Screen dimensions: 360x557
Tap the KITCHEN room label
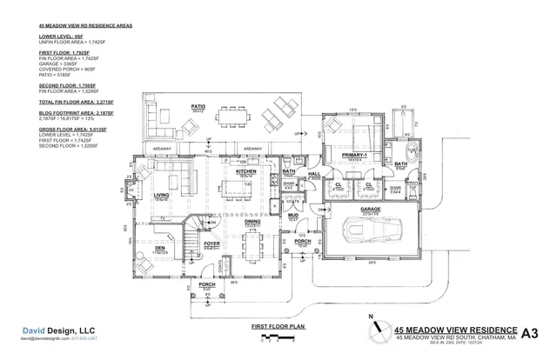point(245,172)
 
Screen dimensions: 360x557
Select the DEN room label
point(160,248)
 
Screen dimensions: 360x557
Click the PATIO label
point(198,107)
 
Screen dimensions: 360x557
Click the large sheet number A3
point(530,332)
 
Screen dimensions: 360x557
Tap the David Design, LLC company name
point(57,330)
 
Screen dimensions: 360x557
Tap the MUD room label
point(293,214)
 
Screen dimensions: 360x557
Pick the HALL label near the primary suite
point(315,174)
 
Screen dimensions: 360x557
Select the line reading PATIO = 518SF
point(57,77)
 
